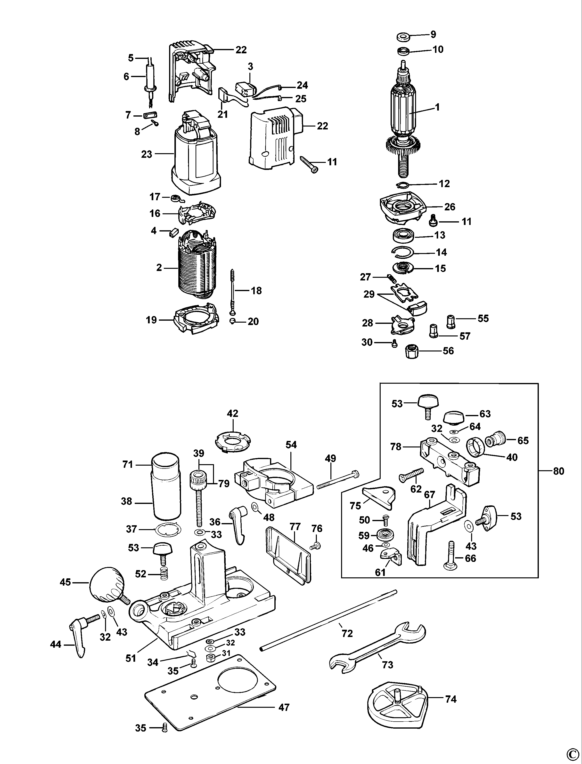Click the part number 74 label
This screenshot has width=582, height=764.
[x=451, y=699]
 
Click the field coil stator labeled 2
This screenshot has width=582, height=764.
[x=197, y=267]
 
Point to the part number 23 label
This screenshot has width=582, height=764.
[x=147, y=154]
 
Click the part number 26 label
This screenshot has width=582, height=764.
[x=450, y=207]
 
